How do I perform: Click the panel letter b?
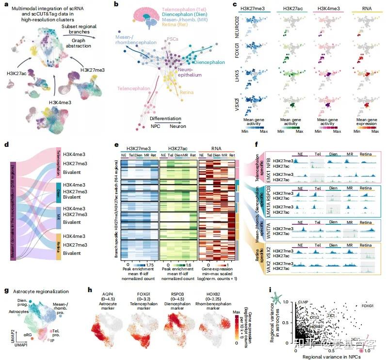pos(114,5)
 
